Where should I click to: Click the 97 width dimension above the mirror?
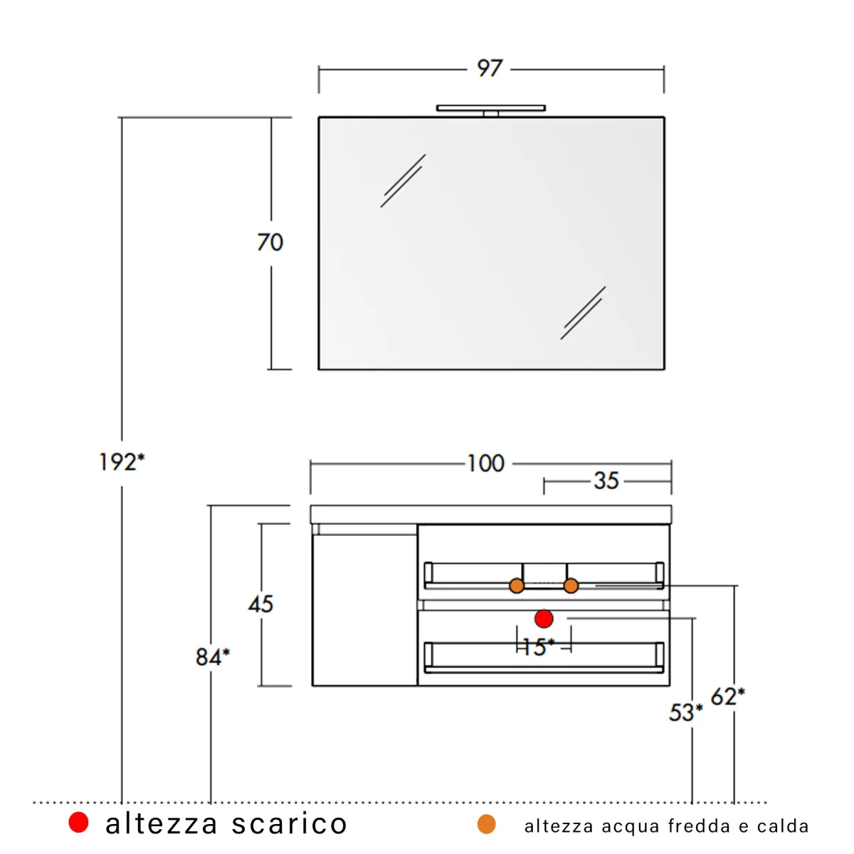pyautogui.click(x=490, y=68)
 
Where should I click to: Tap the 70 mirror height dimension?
pyautogui.click(x=270, y=243)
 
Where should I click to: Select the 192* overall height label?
pyautogui.click(x=122, y=463)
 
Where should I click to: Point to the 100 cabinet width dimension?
pyautogui.click(x=486, y=464)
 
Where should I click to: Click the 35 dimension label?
pyautogui.click(x=606, y=481)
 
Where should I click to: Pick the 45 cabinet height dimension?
pyautogui.click(x=260, y=604)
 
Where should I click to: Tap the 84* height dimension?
pyautogui.click(x=212, y=656)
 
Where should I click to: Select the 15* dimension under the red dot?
pyautogui.click(x=538, y=647)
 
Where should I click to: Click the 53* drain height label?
pyautogui.click(x=685, y=712)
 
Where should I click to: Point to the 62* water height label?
pyautogui.click(x=727, y=696)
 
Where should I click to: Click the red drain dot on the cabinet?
pyautogui.click(x=544, y=618)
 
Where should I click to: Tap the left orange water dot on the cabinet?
pyautogui.click(x=517, y=586)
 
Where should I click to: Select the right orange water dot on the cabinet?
pyautogui.click(x=571, y=586)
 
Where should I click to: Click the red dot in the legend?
pyautogui.click(x=78, y=823)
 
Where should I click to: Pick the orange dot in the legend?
pyautogui.click(x=486, y=825)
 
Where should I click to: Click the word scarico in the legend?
pyautogui.click(x=290, y=824)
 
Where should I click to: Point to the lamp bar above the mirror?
pyautogui.click(x=491, y=108)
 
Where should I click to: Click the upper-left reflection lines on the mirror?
pyautogui.click(x=403, y=181)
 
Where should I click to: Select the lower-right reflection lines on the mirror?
pyautogui.click(x=583, y=313)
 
